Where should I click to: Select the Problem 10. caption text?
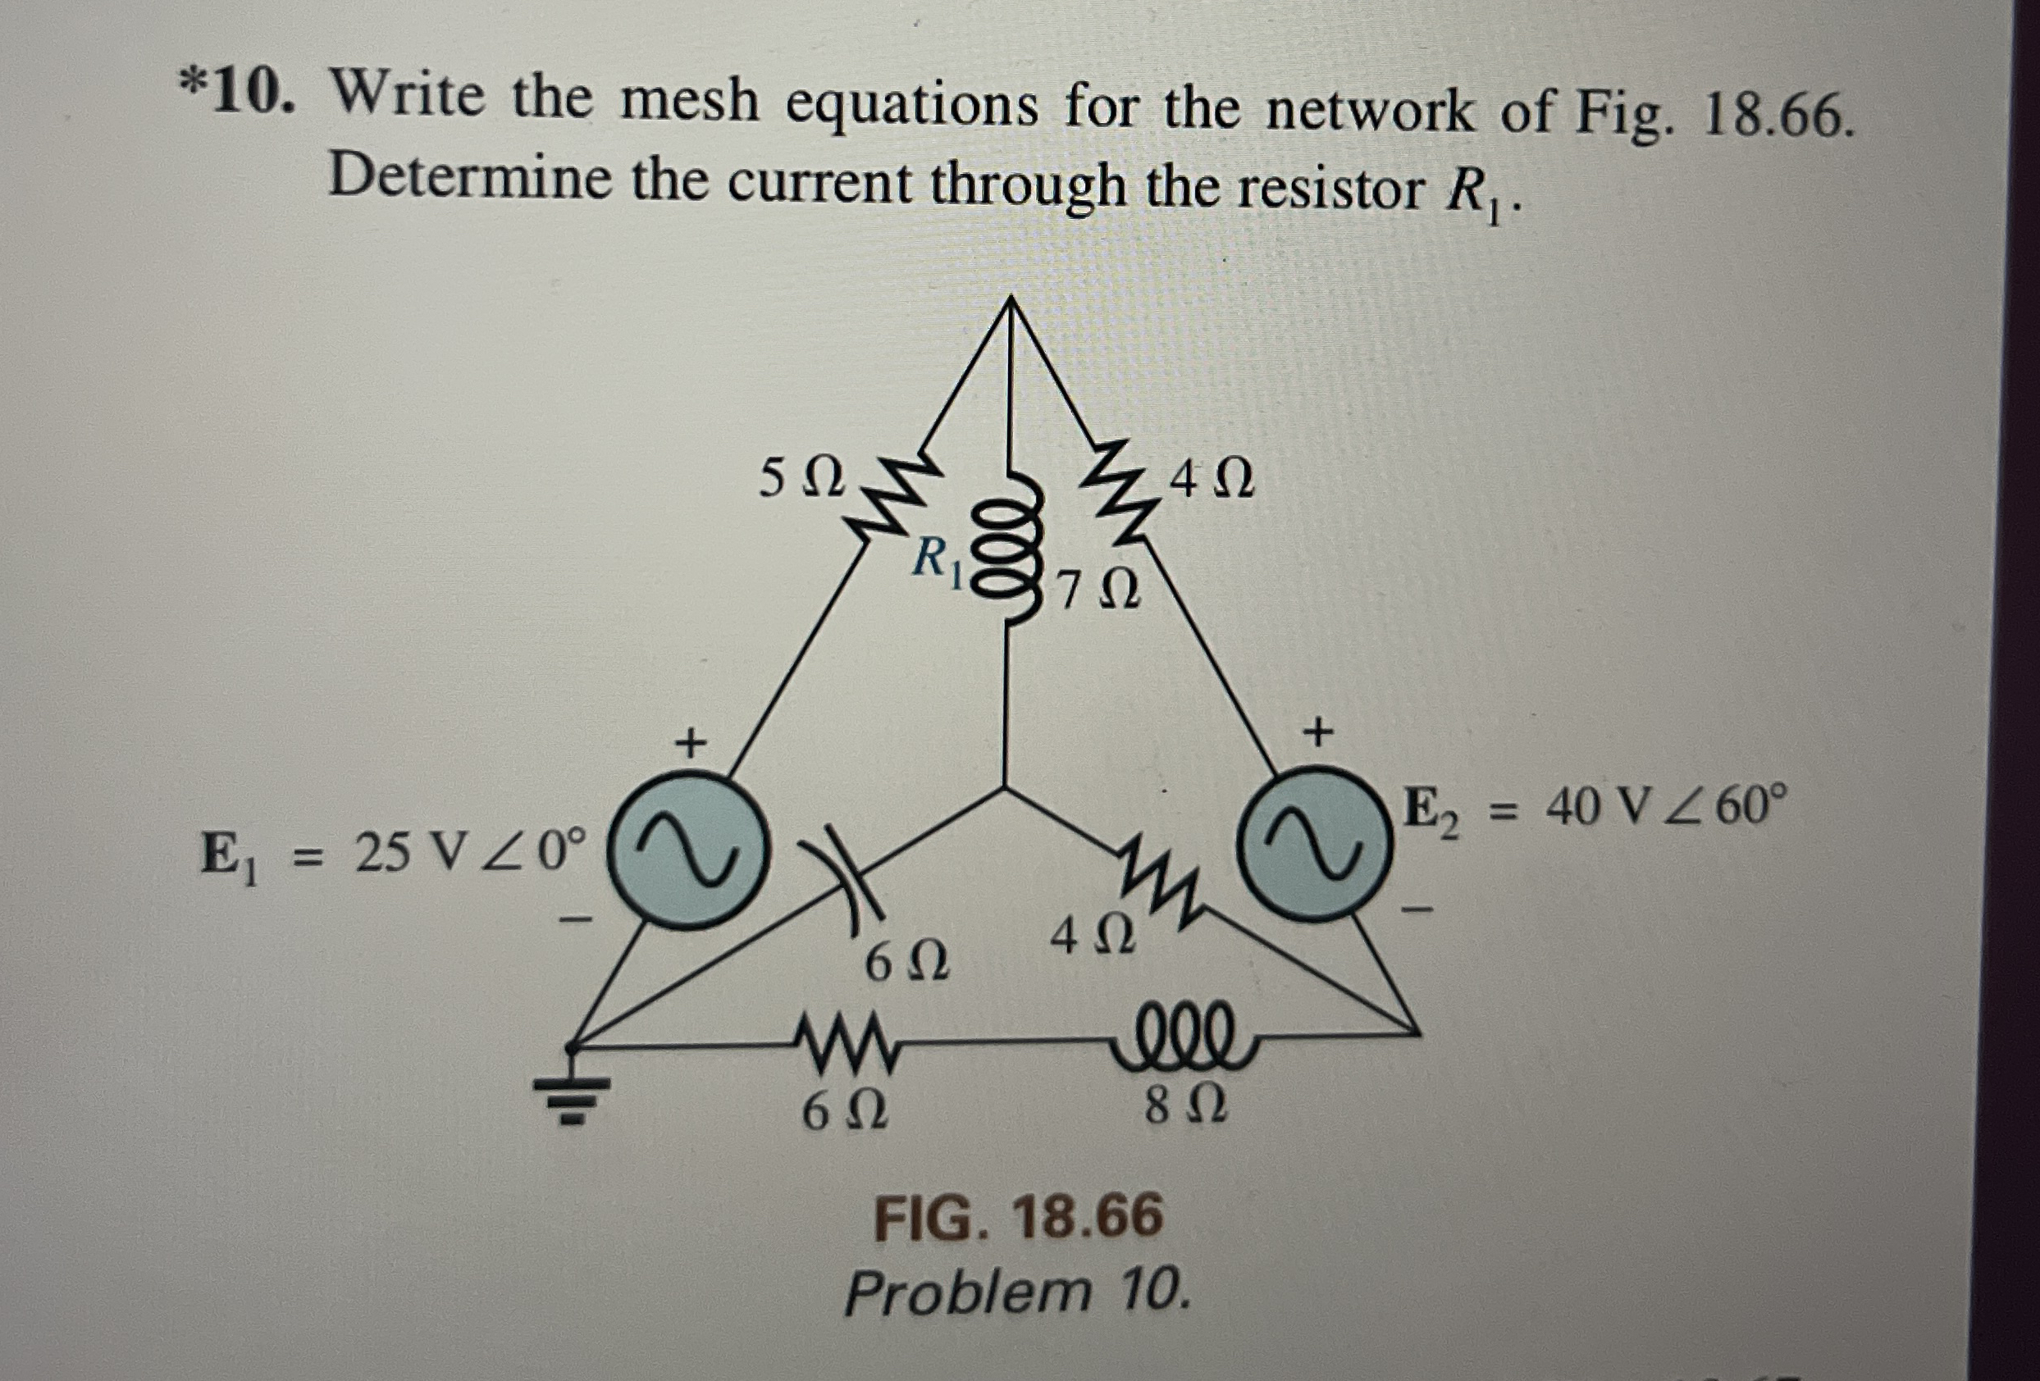1018,1292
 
